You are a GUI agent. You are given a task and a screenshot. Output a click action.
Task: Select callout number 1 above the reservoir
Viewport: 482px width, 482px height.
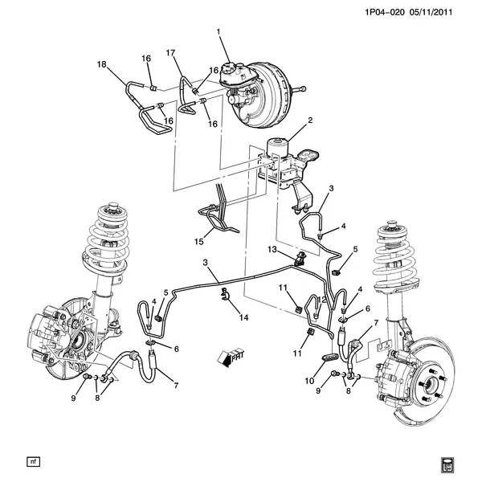tap(217, 32)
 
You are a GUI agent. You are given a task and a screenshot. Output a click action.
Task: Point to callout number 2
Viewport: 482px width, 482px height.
tap(310, 121)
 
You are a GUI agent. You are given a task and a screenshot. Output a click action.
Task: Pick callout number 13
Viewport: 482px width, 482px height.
tap(272, 250)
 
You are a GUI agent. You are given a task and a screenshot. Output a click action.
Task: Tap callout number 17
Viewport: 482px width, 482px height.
tap(170, 53)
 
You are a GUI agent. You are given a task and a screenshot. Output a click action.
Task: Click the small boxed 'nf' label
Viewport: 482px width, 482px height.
tap(33, 462)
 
